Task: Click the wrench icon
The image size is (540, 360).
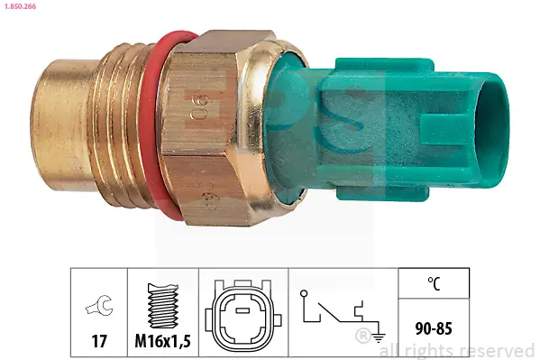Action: tap(98, 306)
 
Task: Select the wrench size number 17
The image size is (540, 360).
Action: tap(98, 341)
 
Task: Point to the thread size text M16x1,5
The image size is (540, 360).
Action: tap(162, 341)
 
